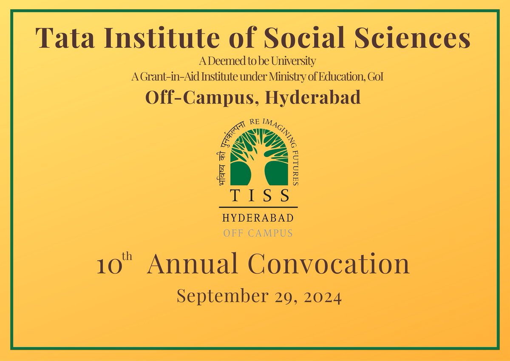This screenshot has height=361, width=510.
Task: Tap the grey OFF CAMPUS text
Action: [x=259, y=233]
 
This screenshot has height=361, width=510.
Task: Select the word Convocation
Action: [x=329, y=264]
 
